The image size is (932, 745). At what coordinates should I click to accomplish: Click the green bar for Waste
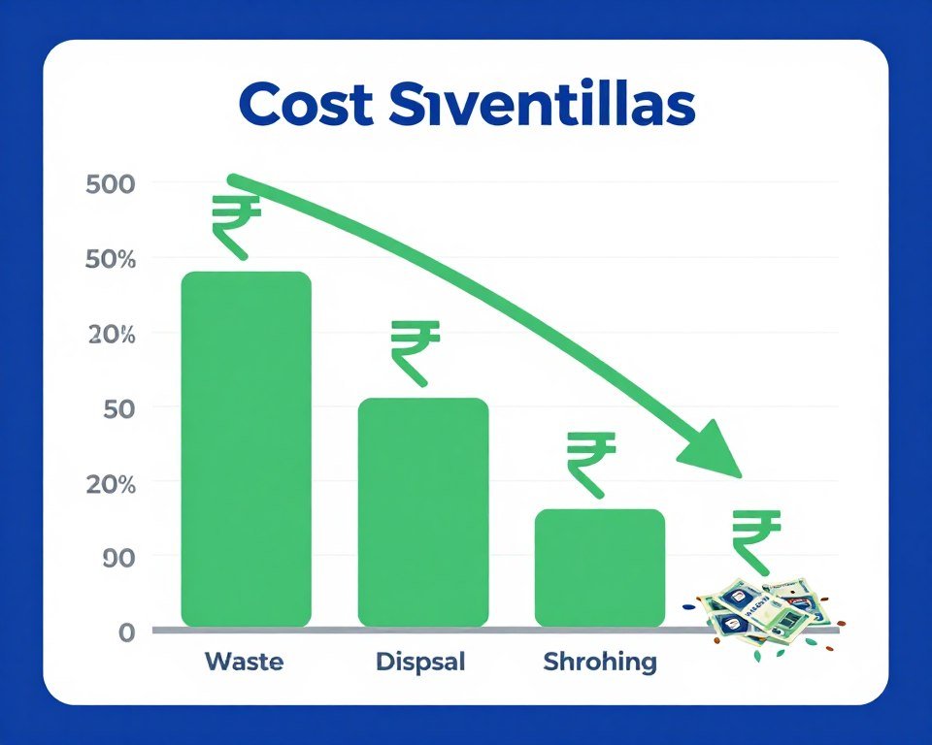tap(246, 448)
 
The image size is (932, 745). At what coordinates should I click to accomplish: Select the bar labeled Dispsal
tap(423, 511)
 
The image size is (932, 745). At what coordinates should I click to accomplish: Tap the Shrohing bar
tap(600, 567)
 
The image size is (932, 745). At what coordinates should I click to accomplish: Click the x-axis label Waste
tap(245, 663)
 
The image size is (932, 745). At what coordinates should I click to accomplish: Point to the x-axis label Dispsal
tap(420, 664)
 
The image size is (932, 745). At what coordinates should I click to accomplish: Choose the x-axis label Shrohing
tap(600, 664)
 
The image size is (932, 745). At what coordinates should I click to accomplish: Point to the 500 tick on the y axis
tap(110, 184)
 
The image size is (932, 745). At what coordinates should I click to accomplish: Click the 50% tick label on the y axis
tap(110, 260)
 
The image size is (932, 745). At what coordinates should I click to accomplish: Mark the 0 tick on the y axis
tap(126, 632)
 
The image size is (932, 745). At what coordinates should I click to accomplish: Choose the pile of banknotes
tap(763, 613)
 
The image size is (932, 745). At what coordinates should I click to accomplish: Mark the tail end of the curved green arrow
tap(233, 179)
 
